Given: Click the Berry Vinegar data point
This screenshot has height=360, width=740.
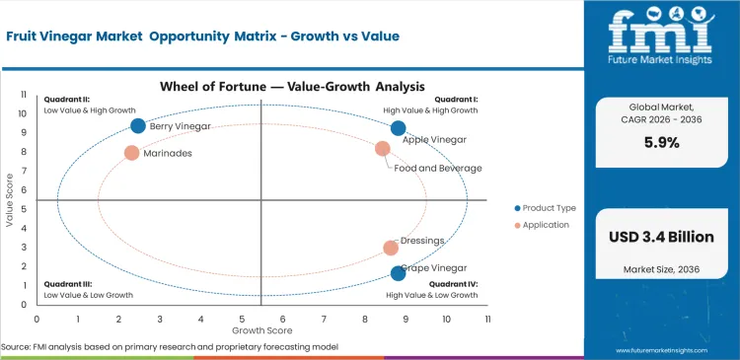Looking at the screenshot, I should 138,125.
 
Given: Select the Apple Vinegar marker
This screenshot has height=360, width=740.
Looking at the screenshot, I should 398,128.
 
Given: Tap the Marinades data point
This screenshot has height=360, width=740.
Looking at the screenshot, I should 131,153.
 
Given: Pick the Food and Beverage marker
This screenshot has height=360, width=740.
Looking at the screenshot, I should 383,149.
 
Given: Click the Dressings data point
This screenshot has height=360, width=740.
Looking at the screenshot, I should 391,249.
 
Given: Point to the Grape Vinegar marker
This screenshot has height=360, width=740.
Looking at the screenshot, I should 398,273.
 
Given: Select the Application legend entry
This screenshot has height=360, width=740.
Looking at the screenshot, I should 543,225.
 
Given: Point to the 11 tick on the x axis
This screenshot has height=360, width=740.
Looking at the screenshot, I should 487,320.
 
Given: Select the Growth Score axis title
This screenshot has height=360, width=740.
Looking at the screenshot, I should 261,329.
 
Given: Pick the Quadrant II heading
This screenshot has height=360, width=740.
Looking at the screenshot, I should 66,100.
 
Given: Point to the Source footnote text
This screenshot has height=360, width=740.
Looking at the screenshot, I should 170,347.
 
